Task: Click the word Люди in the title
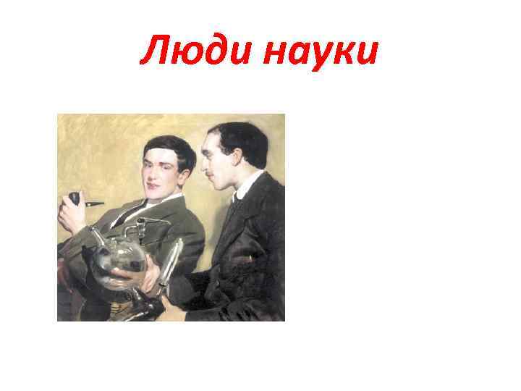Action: pos(189,53)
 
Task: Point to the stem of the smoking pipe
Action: pos(92,205)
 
